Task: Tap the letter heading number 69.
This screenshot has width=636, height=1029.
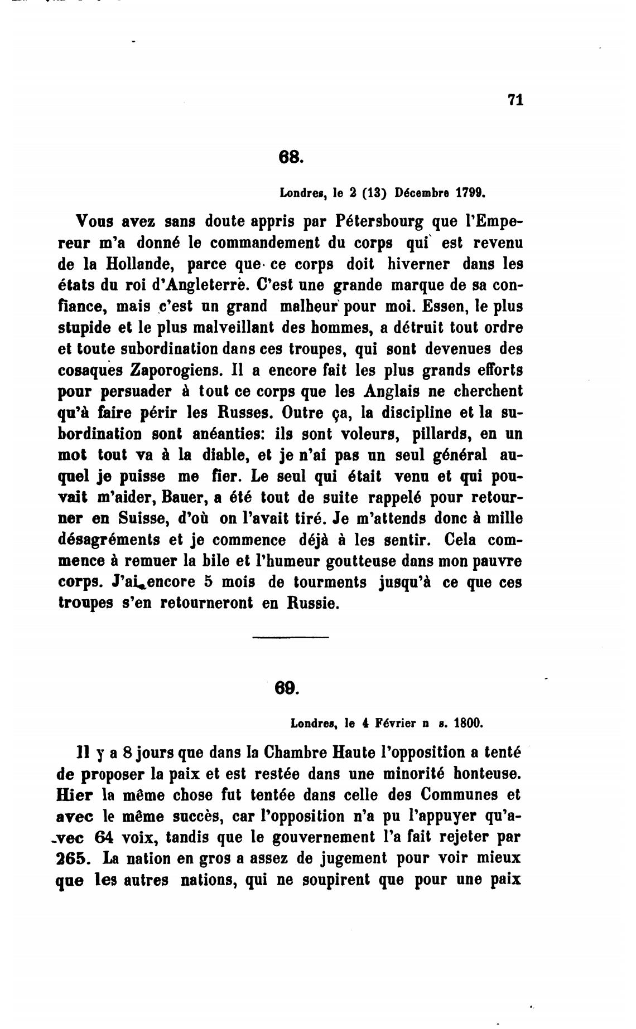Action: tap(287, 688)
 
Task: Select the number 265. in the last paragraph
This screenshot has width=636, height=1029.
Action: tap(73, 858)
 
